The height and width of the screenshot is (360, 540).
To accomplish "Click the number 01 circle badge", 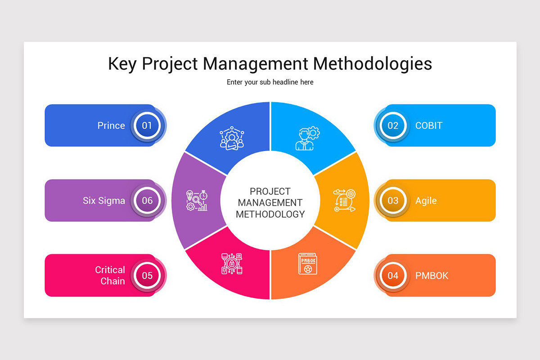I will pyautogui.click(x=147, y=126).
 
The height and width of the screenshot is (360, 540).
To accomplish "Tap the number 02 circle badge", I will pyautogui.click(x=393, y=126).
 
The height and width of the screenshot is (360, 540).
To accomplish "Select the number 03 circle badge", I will pyautogui.click(x=393, y=201).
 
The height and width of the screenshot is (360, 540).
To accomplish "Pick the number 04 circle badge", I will pyautogui.click(x=393, y=275).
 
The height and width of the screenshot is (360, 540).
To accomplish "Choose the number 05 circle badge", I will pyautogui.click(x=147, y=275).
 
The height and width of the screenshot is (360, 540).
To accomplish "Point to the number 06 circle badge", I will pyautogui.click(x=147, y=201).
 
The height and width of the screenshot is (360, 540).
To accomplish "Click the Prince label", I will pyautogui.click(x=111, y=126).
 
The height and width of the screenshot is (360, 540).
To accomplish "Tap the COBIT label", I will pyautogui.click(x=429, y=126).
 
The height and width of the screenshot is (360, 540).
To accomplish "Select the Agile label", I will pyautogui.click(x=426, y=201).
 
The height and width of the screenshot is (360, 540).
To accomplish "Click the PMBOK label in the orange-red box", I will pyautogui.click(x=432, y=275).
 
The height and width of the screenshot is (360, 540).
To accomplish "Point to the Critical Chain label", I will pyautogui.click(x=110, y=275).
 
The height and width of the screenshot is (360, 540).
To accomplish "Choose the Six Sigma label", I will pyautogui.click(x=104, y=201).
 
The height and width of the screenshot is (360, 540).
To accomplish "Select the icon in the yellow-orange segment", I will pyautogui.click(x=344, y=200).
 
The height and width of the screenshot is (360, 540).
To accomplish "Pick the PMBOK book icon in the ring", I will pyautogui.click(x=308, y=264).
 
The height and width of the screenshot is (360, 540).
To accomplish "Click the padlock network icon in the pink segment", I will pyautogui.click(x=232, y=264).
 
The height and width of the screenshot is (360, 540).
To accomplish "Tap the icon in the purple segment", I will pyautogui.click(x=197, y=201).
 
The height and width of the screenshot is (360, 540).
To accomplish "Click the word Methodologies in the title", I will pyautogui.click(x=373, y=63).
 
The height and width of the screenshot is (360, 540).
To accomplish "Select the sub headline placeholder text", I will pyautogui.click(x=270, y=82).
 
